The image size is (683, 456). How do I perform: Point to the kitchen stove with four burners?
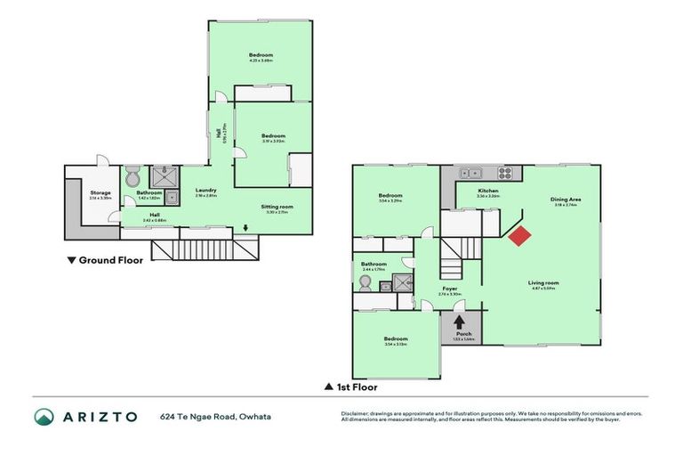506,174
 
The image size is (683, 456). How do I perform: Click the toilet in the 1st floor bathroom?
365,282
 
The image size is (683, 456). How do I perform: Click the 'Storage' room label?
100,192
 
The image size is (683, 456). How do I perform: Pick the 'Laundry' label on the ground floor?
206,190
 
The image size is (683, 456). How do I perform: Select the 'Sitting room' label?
277,207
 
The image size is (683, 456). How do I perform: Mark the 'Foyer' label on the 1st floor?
450,289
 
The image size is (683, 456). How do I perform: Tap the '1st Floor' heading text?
356,387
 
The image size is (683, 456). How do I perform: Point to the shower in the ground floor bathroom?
164,175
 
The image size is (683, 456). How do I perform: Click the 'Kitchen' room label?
487,191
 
